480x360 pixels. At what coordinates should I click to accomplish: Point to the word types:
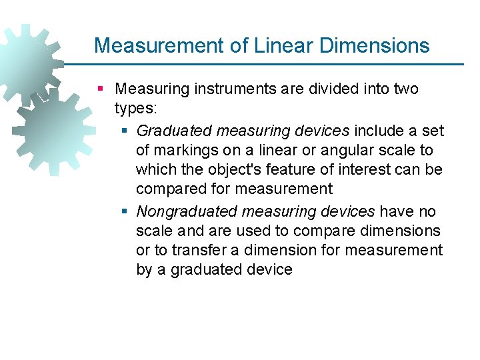click(136, 109)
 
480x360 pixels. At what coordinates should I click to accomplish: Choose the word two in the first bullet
click(406, 89)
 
